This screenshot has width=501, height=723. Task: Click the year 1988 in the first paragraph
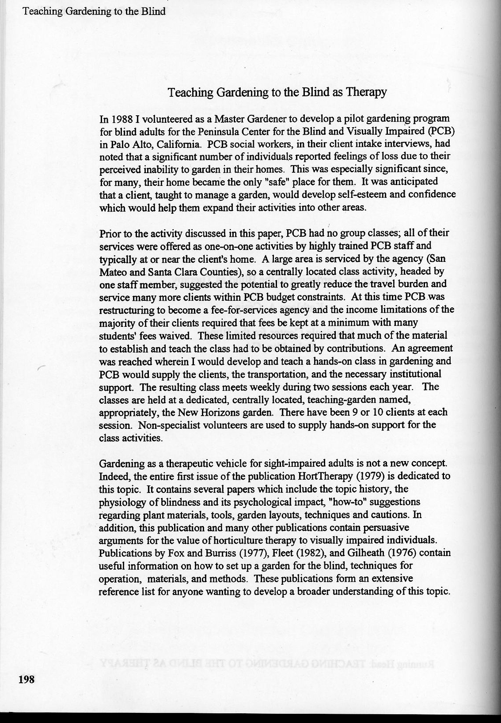[122, 119]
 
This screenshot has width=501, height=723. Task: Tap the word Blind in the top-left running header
[155, 11]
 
